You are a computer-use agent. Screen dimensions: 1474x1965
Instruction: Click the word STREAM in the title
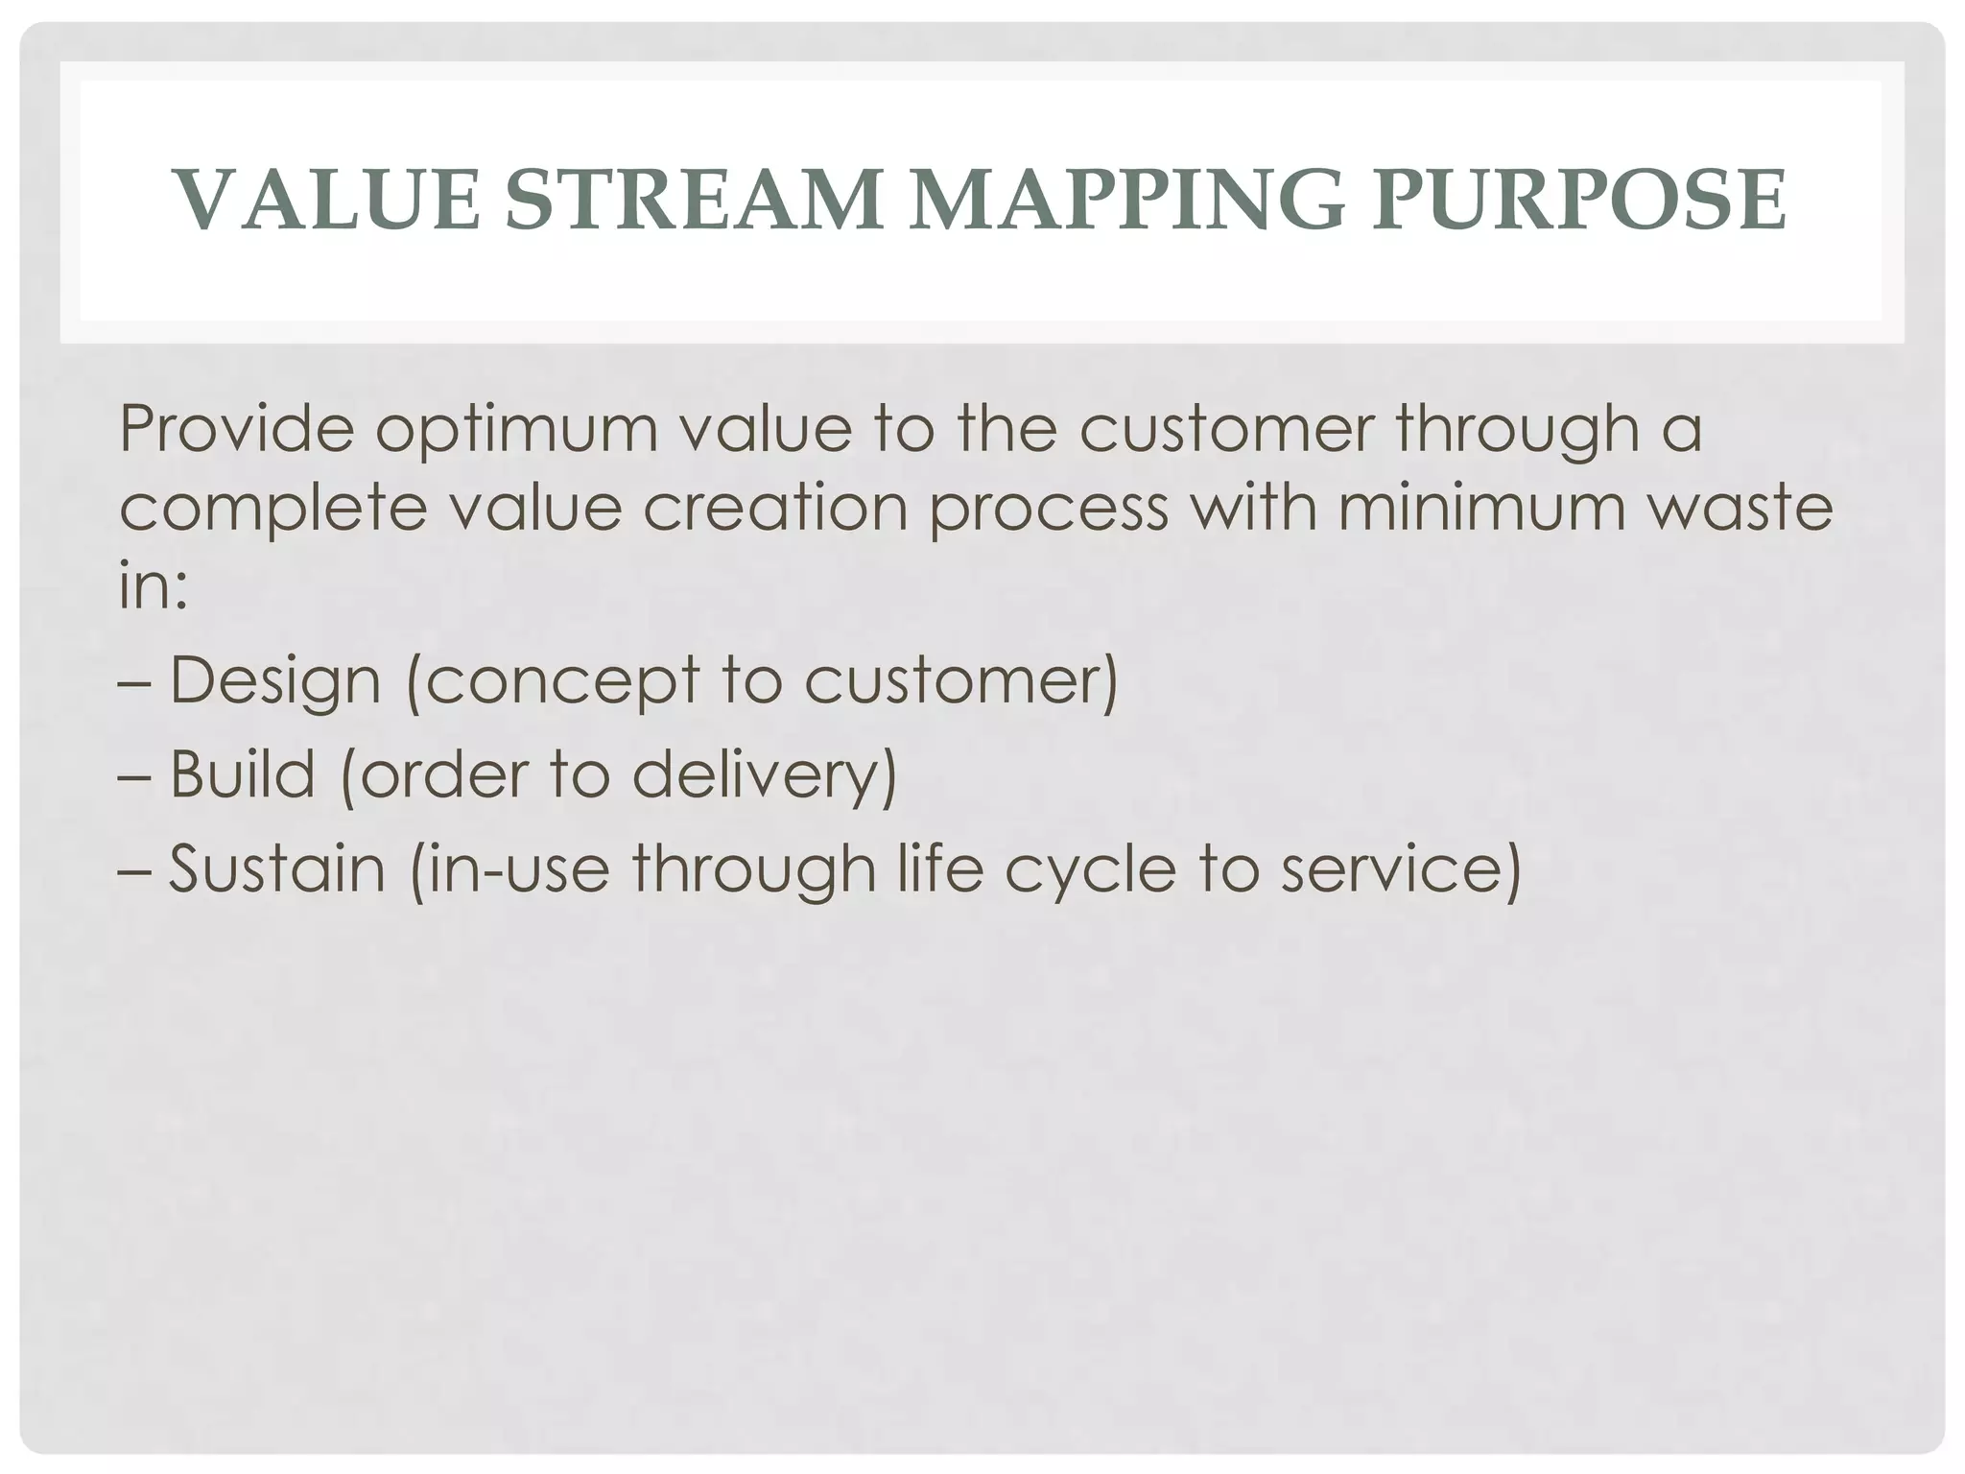[x=693, y=201]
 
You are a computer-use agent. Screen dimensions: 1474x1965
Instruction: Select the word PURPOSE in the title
[x=1578, y=201]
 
